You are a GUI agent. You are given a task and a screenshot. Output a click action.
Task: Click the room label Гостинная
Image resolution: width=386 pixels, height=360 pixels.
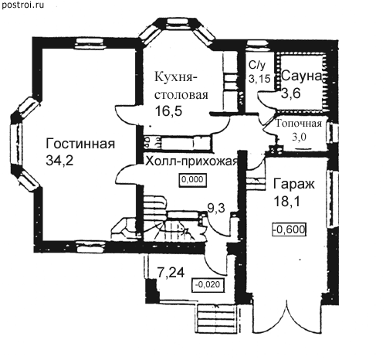[x=80, y=144]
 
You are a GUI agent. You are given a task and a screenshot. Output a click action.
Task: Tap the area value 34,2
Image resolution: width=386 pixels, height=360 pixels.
[x=59, y=161]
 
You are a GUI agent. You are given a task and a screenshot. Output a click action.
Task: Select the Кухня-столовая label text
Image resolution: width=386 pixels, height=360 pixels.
[x=181, y=86]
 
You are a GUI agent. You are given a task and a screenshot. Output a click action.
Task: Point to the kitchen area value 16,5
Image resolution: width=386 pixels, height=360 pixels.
[x=168, y=111]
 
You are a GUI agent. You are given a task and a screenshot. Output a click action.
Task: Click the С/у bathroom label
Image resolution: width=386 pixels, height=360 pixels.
[x=257, y=66]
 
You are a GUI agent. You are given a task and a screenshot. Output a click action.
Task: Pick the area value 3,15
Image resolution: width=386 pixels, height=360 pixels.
[x=259, y=79]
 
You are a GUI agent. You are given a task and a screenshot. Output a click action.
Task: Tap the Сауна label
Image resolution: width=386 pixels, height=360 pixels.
[x=301, y=76]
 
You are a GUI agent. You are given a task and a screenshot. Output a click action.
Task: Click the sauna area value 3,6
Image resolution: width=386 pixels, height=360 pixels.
[x=291, y=93]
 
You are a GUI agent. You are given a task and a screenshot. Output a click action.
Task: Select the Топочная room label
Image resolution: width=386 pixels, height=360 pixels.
[x=299, y=124]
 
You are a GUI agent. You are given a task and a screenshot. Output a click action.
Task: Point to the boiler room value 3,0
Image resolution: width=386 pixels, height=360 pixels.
[x=299, y=137]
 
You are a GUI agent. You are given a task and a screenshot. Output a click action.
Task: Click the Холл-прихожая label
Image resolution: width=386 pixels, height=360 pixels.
[x=191, y=161]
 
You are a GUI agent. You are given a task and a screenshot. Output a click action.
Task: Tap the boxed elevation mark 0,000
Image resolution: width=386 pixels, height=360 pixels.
[x=193, y=179]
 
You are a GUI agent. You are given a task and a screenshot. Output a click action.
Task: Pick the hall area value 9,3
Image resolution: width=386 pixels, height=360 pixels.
[x=216, y=208]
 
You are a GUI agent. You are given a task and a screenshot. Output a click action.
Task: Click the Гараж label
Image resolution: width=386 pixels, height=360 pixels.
[x=294, y=184]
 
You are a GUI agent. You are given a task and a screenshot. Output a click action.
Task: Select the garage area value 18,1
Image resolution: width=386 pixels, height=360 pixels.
[x=286, y=201]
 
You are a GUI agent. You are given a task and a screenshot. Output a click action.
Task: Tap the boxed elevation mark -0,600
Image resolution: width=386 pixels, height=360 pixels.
[x=289, y=229]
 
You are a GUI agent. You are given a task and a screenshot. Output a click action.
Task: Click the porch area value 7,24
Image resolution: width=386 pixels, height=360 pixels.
[x=171, y=273]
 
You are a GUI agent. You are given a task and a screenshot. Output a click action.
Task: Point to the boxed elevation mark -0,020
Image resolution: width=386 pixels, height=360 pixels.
[x=208, y=284]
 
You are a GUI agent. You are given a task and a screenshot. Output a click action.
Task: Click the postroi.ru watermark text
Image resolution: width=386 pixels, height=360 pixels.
[x=22, y=5]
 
